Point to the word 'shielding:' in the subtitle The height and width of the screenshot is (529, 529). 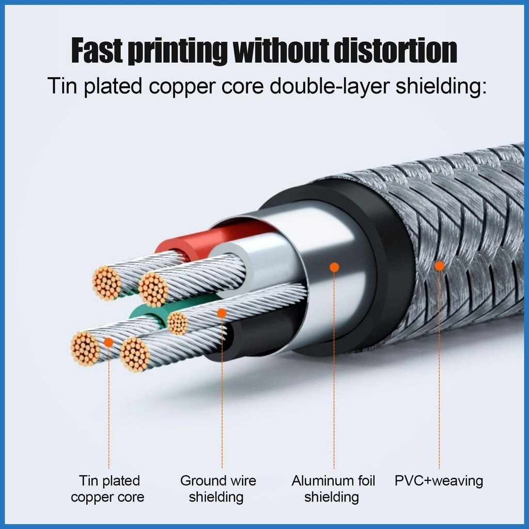[441, 86]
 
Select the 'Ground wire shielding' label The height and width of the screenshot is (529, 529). [218, 489]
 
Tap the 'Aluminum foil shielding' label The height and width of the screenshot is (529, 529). [333, 489]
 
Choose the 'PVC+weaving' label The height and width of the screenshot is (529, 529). [439, 481]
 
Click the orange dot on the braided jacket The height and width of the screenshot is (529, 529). [440, 266]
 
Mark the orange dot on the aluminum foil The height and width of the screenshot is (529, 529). [334, 267]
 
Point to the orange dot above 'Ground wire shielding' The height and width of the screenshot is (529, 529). [222, 313]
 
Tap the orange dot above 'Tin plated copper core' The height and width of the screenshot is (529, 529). [108, 341]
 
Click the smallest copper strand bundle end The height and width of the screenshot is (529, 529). [178, 323]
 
